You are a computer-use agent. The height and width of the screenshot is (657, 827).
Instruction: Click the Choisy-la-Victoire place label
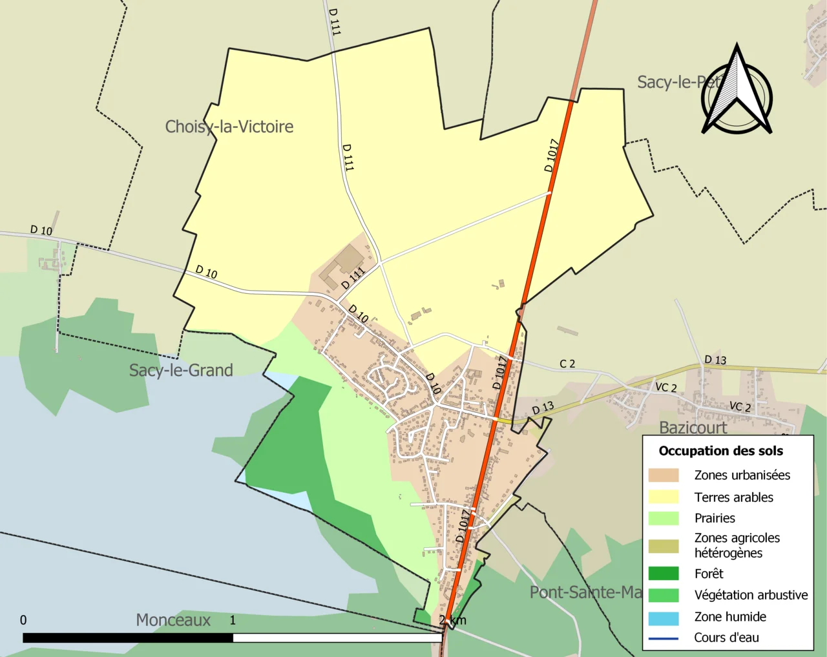coord(229,127)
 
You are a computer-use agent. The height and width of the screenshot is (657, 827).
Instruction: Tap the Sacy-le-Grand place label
coord(181,370)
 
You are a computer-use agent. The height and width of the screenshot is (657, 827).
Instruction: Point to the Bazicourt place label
coord(693,428)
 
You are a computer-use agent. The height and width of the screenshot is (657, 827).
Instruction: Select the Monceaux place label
coord(173,620)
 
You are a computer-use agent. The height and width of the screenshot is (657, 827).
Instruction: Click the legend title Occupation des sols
coord(720,451)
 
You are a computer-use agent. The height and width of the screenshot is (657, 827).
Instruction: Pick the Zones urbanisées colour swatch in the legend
coord(664,475)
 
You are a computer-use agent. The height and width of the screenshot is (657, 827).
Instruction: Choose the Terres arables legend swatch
coord(664,497)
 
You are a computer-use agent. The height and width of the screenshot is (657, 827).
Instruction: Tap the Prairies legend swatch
coord(664,518)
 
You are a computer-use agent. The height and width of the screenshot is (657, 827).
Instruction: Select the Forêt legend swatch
coord(664,574)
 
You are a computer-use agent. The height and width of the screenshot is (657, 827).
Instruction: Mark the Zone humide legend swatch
coord(664,618)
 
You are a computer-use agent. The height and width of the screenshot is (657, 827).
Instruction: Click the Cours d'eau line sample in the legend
coord(664,638)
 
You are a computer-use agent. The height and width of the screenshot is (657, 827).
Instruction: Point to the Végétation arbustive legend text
coord(751,595)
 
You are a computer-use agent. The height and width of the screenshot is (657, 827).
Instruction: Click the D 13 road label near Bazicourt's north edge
coord(715,360)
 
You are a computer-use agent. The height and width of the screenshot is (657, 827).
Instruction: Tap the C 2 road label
coord(567,364)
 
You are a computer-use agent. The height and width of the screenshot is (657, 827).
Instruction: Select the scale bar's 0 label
coord(23,620)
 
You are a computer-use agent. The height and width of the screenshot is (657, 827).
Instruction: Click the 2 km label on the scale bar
coord(452,620)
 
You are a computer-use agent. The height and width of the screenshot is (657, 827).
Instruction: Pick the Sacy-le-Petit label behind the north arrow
coord(678,83)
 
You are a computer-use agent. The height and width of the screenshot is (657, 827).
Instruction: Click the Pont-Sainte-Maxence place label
coord(585,592)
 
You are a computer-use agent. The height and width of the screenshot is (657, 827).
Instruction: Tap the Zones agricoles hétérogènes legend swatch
coord(664,546)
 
